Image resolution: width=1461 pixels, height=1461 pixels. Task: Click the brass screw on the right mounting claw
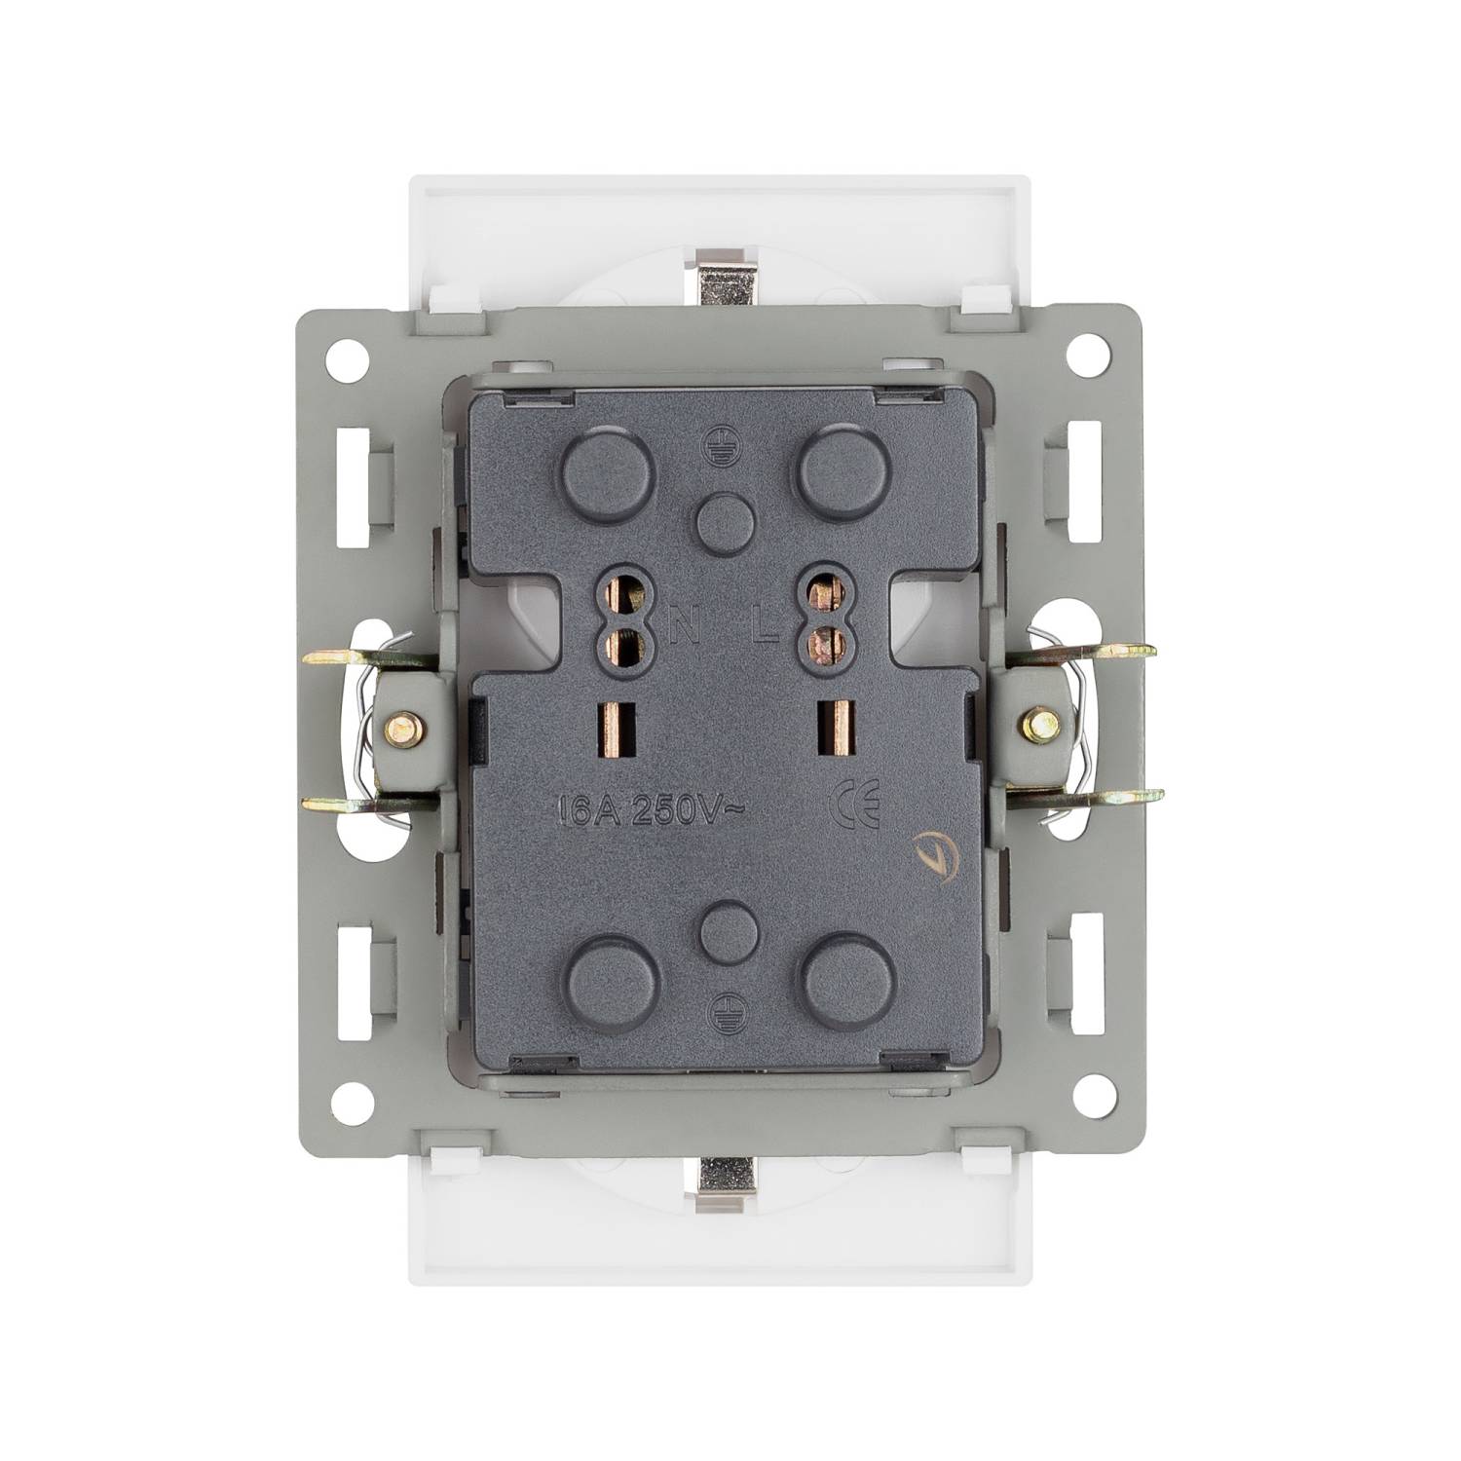click(x=1040, y=723)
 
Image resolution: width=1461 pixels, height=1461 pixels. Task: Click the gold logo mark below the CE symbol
click(x=930, y=856)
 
